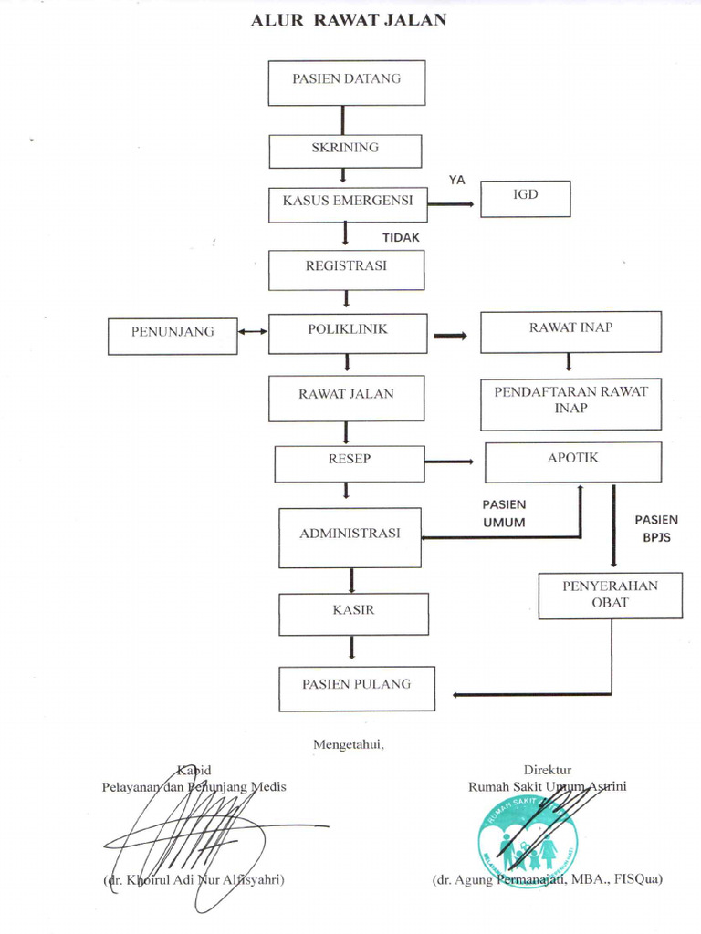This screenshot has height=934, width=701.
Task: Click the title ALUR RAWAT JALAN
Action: [x=349, y=20]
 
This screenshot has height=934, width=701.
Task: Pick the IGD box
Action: [x=526, y=198]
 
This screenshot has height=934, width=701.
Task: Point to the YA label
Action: [x=456, y=180]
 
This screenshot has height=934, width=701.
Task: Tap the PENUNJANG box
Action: [x=173, y=335]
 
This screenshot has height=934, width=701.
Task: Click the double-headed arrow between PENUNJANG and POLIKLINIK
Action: [x=253, y=332]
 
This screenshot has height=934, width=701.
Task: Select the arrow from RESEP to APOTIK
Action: [x=450, y=462]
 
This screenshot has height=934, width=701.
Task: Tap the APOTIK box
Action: [x=573, y=462]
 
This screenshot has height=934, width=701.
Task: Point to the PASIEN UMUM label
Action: [x=504, y=513]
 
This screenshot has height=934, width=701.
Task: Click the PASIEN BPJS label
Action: [x=656, y=528]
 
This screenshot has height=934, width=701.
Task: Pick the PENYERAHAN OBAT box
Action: [x=610, y=595]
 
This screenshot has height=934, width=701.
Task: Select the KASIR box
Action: [x=353, y=614]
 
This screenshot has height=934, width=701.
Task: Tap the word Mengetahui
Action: [x=349, y=744]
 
